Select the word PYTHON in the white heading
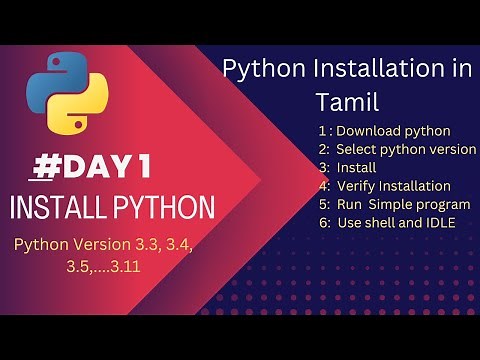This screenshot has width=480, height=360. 160,208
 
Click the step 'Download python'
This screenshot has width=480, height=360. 393,131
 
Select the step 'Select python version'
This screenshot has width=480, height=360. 406,149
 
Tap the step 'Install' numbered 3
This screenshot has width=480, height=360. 356,167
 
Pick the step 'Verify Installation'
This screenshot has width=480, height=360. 393,185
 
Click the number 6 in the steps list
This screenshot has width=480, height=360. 323,222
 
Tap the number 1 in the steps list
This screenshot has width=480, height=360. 322,131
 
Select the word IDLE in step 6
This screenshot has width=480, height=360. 439,222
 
